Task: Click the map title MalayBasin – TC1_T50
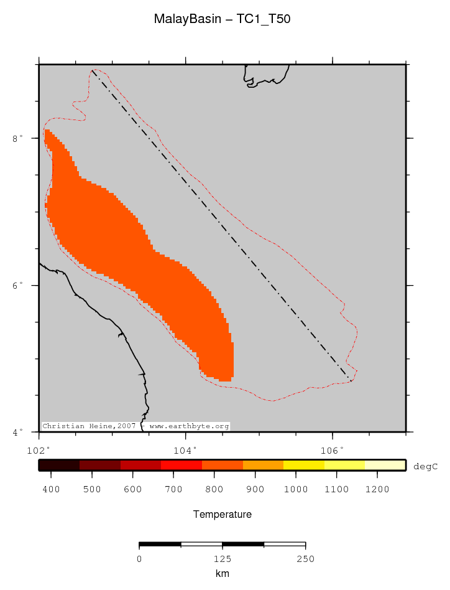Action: (222, 19)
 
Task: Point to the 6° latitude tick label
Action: (18, 286)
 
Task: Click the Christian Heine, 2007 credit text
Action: (88, 426)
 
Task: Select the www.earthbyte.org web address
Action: (190, 426)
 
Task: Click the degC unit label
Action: (426, 466)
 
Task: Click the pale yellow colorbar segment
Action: (385, 465)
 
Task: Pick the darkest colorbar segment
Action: (59, 465)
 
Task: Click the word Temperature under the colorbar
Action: (222, 515)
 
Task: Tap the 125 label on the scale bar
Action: (222, 559)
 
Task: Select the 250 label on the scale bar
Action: (305, 559)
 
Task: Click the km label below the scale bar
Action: (222, 574)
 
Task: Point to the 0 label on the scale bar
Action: (139, 559)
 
